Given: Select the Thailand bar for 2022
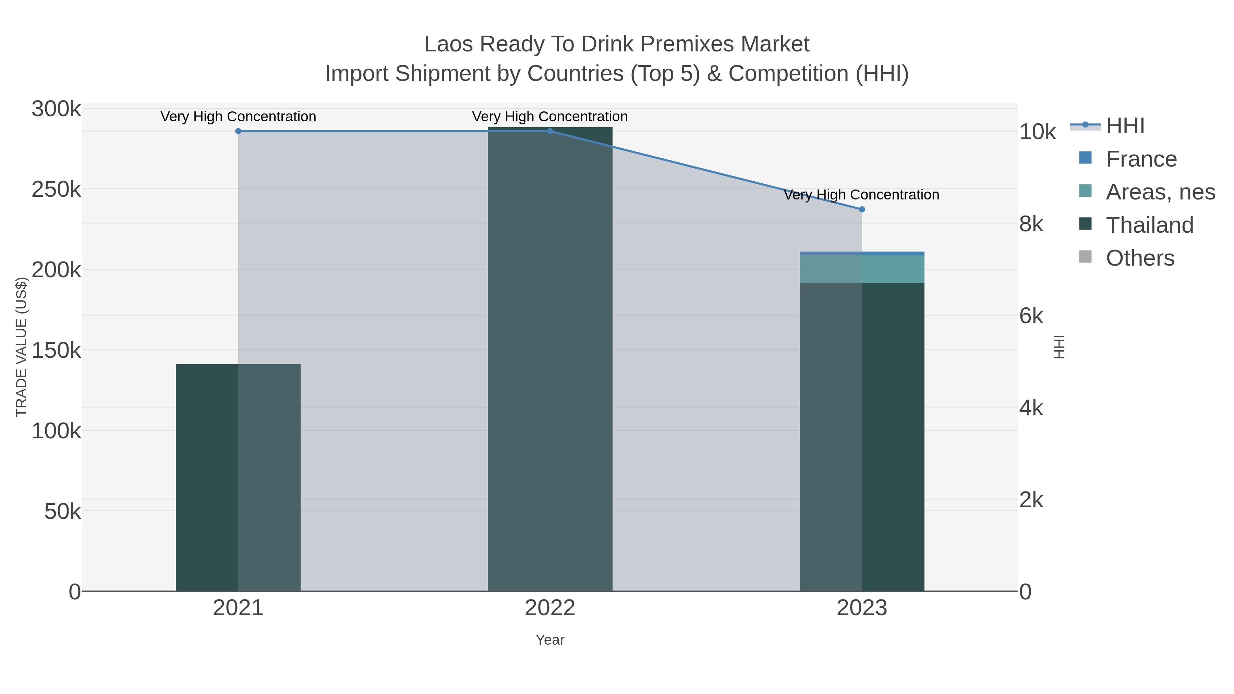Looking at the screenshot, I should [550, 359].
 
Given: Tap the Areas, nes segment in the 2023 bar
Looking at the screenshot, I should [862, 269].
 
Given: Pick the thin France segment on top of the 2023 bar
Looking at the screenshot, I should [862, 253].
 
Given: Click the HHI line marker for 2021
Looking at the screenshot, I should [238, 131].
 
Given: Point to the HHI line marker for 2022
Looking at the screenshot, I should [550, 131].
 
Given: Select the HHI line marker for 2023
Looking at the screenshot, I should [862, 209].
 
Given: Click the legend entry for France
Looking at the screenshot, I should [1140, 159].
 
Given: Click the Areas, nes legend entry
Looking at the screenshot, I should [1160, 192].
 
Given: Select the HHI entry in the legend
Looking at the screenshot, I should [1125, 126].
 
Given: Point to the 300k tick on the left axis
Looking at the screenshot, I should [56, 109].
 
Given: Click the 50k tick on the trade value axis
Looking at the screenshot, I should [62, 512].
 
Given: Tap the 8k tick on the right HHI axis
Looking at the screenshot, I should [1031, 224].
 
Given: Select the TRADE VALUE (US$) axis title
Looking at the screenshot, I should [22, 347].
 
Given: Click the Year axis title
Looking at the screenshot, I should [550, 640].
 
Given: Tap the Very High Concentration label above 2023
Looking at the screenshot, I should [861, 195].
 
